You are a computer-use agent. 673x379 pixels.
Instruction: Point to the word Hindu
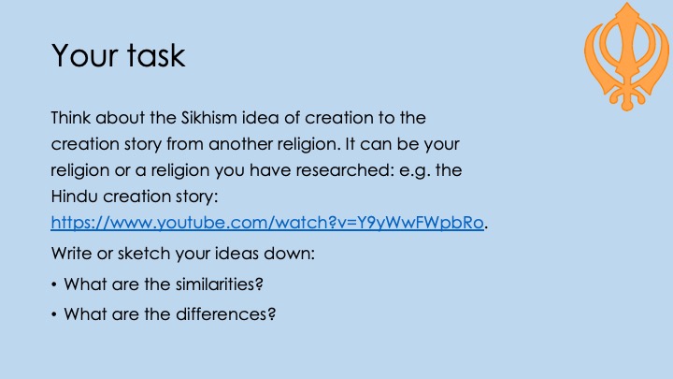[74, 197]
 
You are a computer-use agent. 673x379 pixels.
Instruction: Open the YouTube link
[267, 223]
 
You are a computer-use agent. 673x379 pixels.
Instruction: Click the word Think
[71, 118]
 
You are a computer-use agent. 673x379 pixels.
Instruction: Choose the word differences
[226, 314]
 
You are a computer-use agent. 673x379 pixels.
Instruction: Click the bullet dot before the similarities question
[53, 284]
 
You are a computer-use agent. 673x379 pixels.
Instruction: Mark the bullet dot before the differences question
[53, 314]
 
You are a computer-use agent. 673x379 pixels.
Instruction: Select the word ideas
[236, 254]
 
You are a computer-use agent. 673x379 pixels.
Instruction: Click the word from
[184, 144]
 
